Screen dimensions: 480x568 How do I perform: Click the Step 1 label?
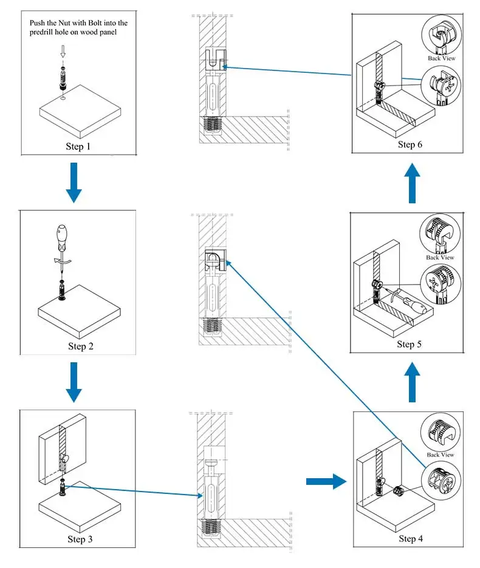point(78,146)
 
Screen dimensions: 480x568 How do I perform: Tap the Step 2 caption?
point(81,347)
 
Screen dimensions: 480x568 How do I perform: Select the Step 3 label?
point(80,539)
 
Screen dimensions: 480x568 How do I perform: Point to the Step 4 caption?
point(411,539)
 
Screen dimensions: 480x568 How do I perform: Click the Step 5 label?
point(410,344)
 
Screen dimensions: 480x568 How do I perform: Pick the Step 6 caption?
point(410,144)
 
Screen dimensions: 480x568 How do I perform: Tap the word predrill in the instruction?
point(41,32)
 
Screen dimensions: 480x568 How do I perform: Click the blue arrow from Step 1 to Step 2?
point(74,183)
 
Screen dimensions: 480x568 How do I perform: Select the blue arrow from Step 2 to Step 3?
point(74,382)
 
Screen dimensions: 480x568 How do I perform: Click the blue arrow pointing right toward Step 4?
point(326,481)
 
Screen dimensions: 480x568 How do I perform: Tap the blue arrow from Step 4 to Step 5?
point(412,382)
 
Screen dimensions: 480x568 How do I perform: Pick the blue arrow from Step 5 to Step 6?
point(412,183)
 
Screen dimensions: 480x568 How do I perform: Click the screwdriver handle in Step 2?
point(62,238)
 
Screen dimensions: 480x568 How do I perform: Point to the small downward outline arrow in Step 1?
point(63,51)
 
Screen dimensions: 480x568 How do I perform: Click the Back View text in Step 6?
point(441,58)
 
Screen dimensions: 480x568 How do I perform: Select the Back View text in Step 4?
point(440,455)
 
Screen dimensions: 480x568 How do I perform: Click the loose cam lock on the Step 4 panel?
point(399,491)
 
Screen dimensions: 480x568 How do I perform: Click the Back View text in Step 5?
point(440,257)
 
